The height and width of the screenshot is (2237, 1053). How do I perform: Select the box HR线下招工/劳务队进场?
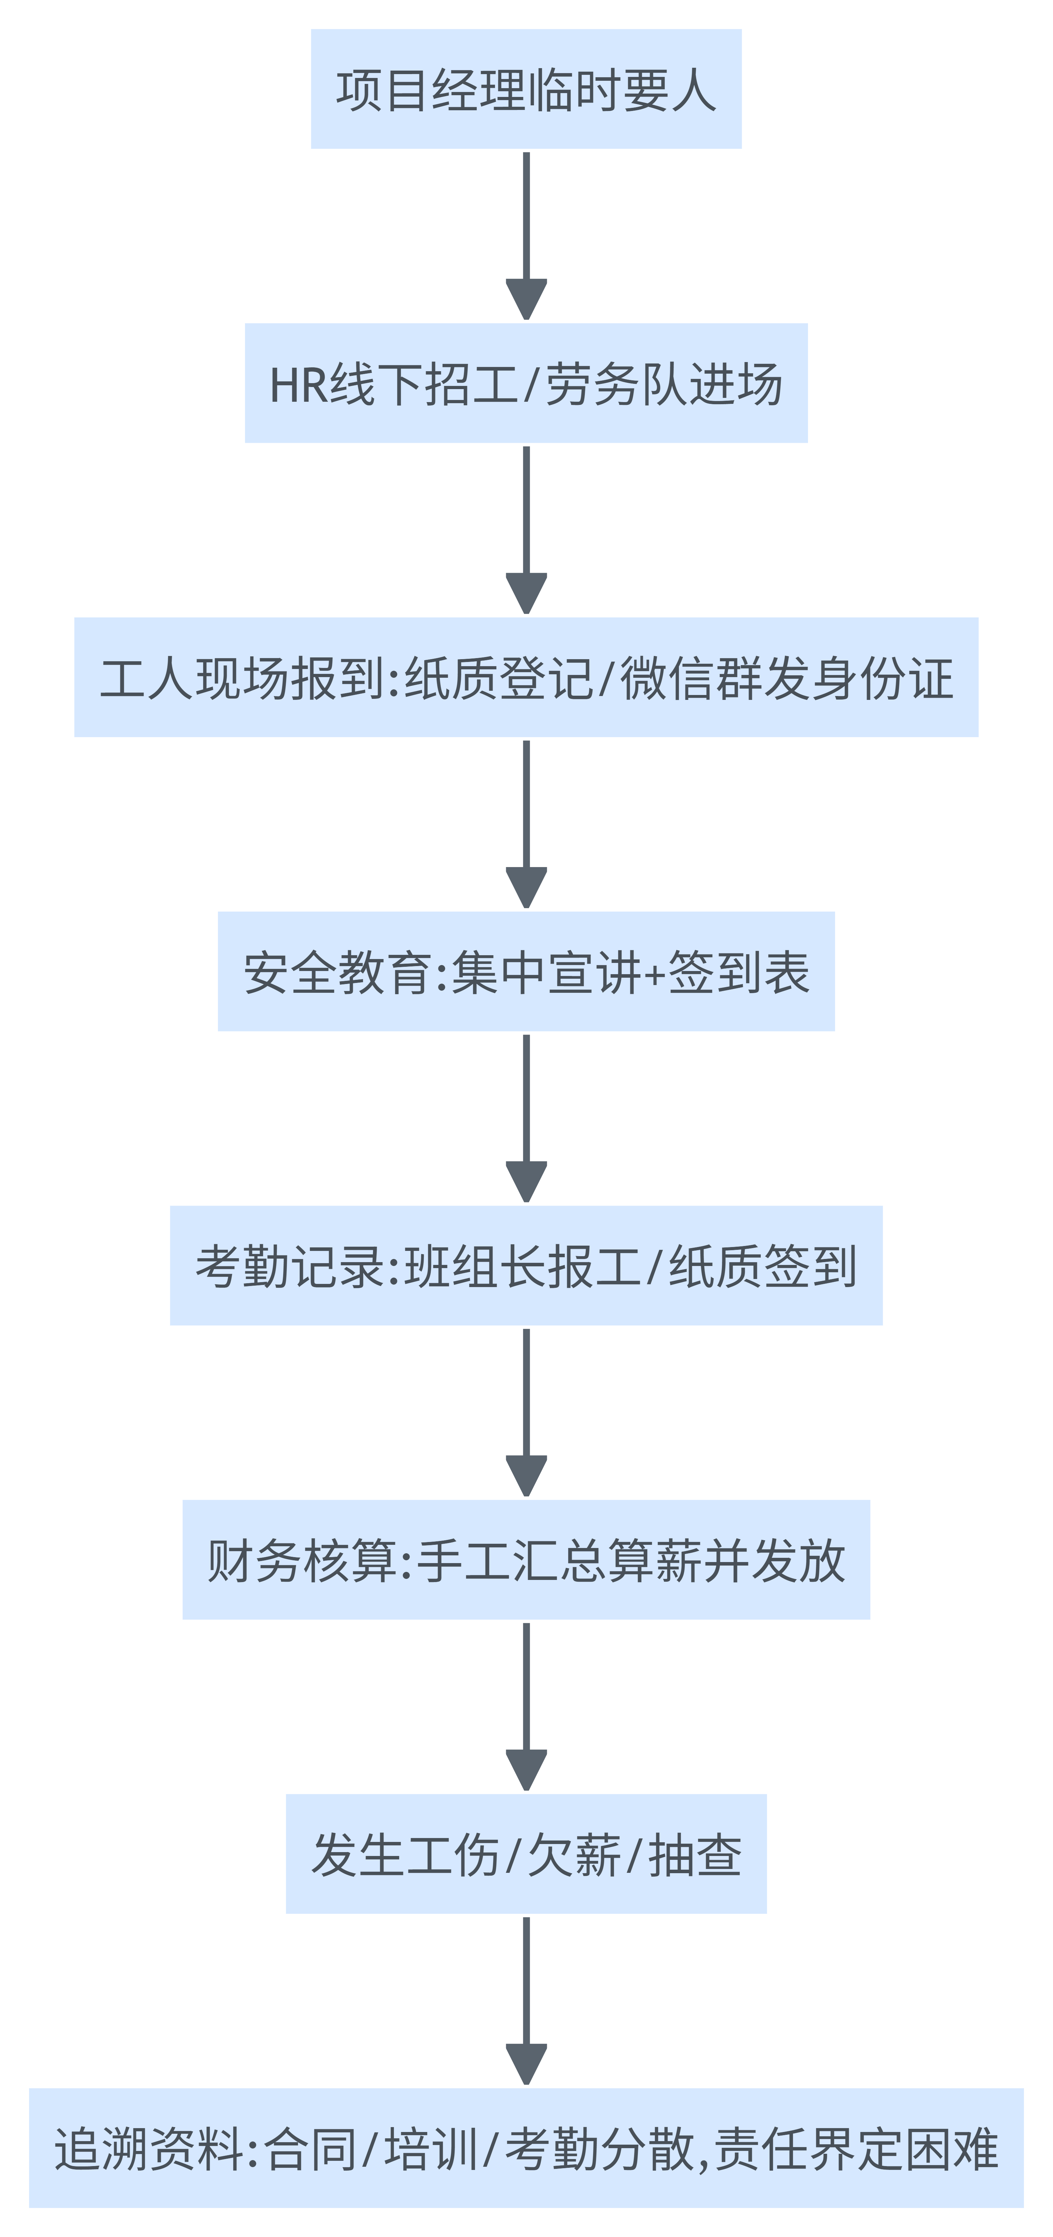[x=526, y=383]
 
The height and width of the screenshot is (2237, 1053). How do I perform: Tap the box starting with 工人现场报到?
[x=526, y=677]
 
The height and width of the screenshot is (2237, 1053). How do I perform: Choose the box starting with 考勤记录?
[x=526, y=1265]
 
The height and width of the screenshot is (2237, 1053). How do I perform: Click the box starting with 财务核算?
[x=526, y=1560]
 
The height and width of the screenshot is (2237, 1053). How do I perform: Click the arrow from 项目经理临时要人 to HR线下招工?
[x=526, y=235]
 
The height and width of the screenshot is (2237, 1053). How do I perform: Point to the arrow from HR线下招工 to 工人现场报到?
[x=526, y=529]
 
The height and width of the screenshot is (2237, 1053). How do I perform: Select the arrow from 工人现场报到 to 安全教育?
[x=526, y=823]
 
